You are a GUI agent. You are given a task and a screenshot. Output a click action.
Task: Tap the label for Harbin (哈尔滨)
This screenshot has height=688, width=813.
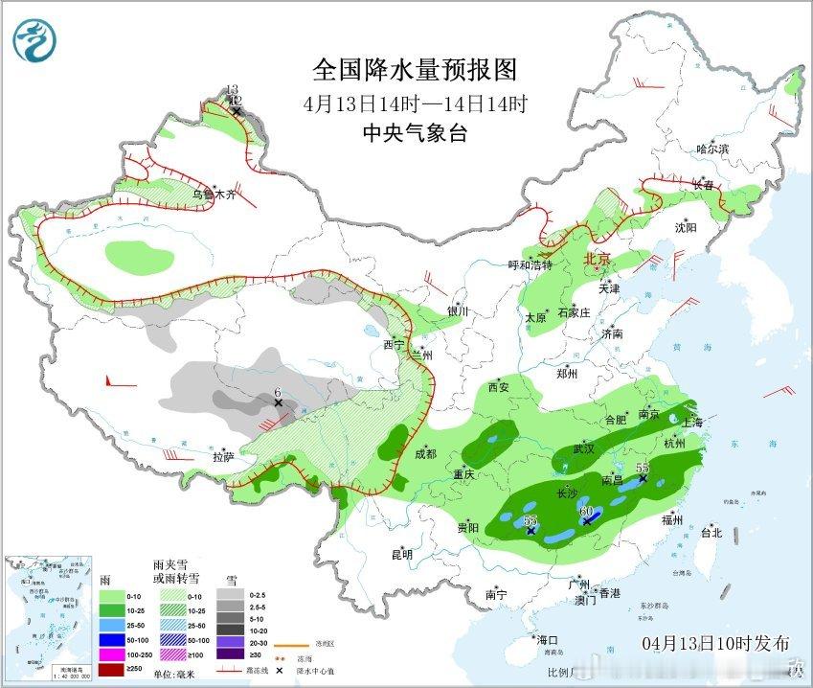[x=712, y=149]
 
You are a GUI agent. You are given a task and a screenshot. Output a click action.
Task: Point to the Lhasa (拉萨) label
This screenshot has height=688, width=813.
[x=224, y=457]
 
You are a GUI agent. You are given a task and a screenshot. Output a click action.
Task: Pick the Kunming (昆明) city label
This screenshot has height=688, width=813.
[x=401, y=554]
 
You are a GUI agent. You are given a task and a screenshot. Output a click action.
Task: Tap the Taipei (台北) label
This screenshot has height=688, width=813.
[x=711, y=532]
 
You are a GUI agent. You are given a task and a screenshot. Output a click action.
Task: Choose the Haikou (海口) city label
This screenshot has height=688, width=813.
[x=547, y=639]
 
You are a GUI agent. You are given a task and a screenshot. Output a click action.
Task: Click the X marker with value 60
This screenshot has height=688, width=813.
[x=587, y=521]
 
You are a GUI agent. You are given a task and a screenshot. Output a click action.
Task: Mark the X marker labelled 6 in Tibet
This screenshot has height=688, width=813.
[x=279, y=403]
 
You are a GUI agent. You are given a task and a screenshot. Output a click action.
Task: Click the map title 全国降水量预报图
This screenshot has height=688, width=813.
[x=415, y=70]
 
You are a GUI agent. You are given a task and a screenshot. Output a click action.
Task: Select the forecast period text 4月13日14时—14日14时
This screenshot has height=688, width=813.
[x=415, y=103]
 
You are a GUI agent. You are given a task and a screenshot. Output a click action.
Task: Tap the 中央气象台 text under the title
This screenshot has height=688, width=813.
[x=415, y=134]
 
